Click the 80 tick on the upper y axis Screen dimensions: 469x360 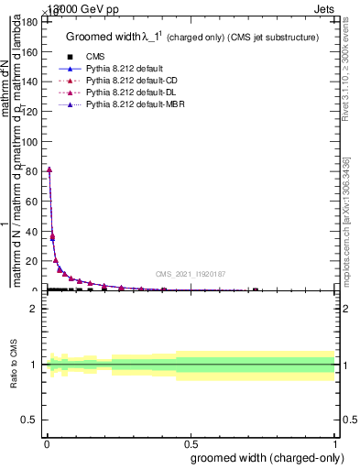pos(36,171)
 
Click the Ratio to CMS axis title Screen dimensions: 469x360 pos(14,365)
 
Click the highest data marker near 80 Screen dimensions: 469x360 pos(49,169)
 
